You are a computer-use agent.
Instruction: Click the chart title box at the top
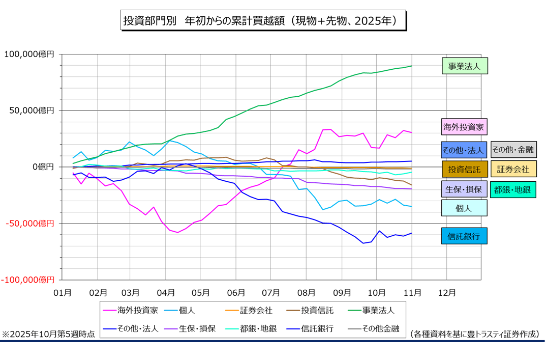tap(263, 21)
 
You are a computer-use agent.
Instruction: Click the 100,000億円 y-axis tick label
tap(29, 54)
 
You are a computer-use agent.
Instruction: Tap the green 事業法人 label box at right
tap(464, 66)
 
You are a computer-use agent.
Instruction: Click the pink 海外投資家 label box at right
tap(464, 127)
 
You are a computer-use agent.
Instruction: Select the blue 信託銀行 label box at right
tap(464, 236)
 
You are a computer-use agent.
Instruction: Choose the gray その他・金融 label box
tap(513, 150)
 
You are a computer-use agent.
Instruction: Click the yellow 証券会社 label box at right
tap(513, 169)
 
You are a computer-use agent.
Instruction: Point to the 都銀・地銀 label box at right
tap(513, 189)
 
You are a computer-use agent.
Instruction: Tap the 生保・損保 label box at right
tap(464, 189)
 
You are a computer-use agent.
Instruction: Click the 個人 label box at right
tap(464, 208)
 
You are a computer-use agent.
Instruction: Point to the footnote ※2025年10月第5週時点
tap(48, 334)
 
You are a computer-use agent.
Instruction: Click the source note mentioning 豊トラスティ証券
tap(474, 334)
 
